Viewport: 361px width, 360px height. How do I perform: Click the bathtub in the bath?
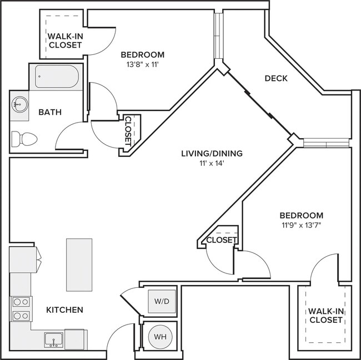click(x=56, y=77)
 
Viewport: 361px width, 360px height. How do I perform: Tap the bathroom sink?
click(x=20, y=104)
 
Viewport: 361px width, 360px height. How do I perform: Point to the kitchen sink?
click(x=54, y=339)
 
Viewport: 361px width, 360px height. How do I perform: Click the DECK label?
click(x=275, y=79)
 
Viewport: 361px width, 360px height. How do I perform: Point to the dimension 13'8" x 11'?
click(x=142, y=64)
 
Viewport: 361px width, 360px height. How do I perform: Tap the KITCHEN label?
click(x=64, y=310)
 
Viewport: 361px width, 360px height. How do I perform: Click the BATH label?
click(x=50, y=112)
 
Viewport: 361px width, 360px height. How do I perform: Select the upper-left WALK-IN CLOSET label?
click(x=65, y=40)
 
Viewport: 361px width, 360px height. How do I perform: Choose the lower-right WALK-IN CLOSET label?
click(x=325, y=316)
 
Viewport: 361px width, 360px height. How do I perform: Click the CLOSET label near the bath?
click(x=128, y=130)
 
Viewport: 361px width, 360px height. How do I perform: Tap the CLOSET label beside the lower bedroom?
click(x=221, y=240)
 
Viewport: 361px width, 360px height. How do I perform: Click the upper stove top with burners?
click(x=21, y=302)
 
